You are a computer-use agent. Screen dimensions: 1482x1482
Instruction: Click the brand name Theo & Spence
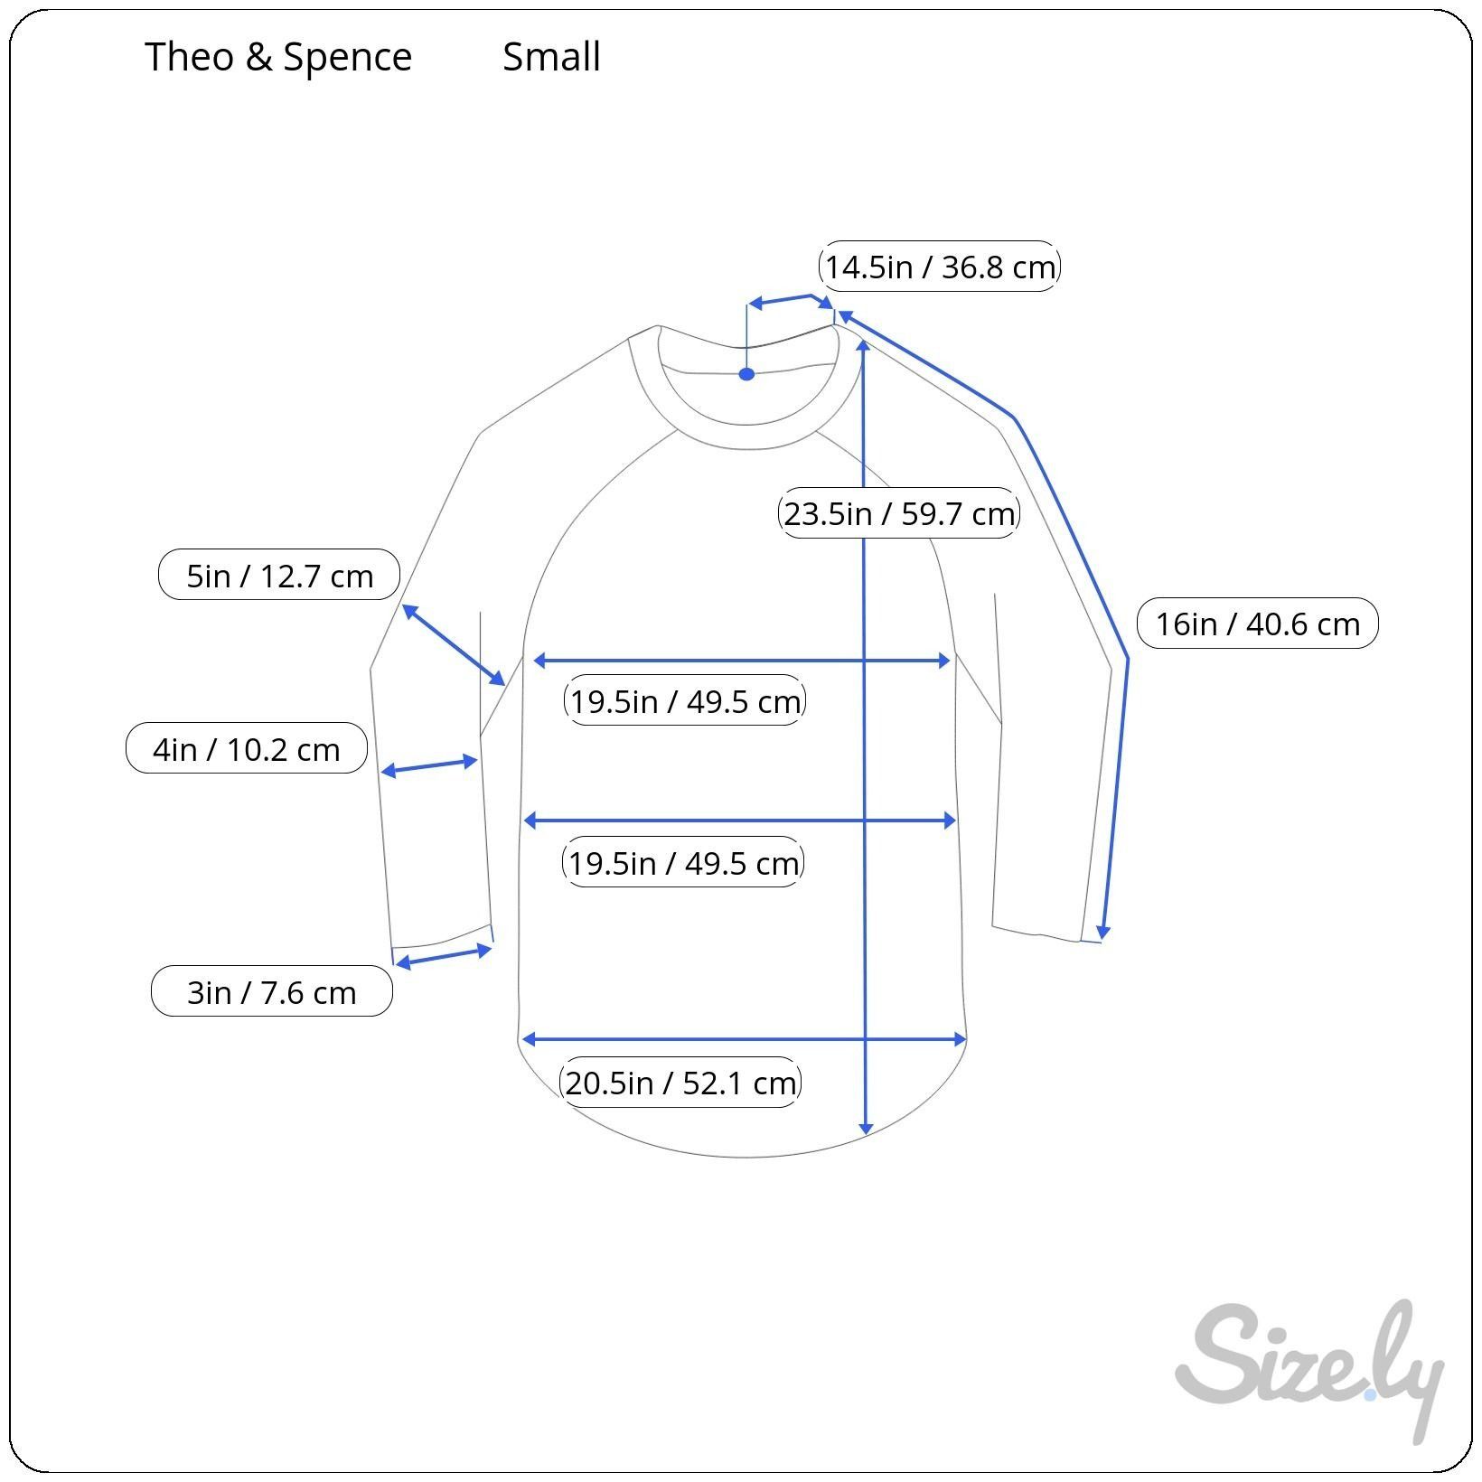coord(278,57)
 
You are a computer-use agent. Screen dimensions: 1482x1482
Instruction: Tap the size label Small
coord(551,57)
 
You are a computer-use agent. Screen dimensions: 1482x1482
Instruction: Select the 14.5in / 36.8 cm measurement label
coord(939,267)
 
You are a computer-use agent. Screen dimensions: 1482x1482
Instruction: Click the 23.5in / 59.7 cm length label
coord(898,513)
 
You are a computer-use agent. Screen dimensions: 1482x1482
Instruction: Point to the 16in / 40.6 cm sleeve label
coord(1257,624)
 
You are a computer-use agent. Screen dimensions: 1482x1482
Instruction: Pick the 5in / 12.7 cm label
coord(279,575)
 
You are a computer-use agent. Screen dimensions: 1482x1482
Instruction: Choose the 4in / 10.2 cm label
coord(247,748)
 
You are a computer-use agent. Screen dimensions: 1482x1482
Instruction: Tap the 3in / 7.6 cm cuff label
coord(272,991)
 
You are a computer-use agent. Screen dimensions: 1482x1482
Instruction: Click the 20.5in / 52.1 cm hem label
coord(680,1082)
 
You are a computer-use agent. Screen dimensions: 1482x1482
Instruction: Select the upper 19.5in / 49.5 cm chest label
coord(684,700)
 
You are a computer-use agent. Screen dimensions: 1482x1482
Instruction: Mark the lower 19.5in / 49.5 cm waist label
coord(683,862)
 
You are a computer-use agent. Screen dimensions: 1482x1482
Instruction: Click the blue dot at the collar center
coord(746,374)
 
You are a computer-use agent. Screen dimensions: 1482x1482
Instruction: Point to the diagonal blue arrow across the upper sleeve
coord(454,644)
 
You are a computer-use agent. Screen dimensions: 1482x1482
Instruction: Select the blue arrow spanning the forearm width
coord(429,765)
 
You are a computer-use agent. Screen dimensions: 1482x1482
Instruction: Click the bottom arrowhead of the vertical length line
coord(866,1129)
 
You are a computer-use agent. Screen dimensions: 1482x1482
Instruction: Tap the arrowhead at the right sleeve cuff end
coord(1102,933)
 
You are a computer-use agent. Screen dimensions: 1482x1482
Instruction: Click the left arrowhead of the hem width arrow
coord(530,1039)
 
